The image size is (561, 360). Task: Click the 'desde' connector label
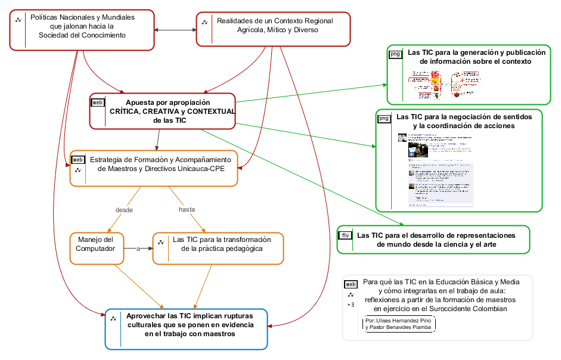coord(124,210)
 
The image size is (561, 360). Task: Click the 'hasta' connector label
coord(187,209)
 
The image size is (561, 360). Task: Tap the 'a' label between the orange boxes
coord(138,249)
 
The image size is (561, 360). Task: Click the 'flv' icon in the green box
coord(346,235)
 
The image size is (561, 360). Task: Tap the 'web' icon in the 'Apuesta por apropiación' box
coord(97,102)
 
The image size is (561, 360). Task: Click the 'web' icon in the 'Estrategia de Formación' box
coord(78,160)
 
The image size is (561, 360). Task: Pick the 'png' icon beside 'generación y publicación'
coord(395,54)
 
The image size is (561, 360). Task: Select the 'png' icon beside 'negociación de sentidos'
coord(384,118)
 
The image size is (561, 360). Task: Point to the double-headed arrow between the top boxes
coord(175,29)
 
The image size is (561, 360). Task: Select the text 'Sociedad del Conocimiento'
coord(82,35)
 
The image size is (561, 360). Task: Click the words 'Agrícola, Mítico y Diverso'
coord(278,30)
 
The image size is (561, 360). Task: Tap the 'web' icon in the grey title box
coord(351,284)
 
